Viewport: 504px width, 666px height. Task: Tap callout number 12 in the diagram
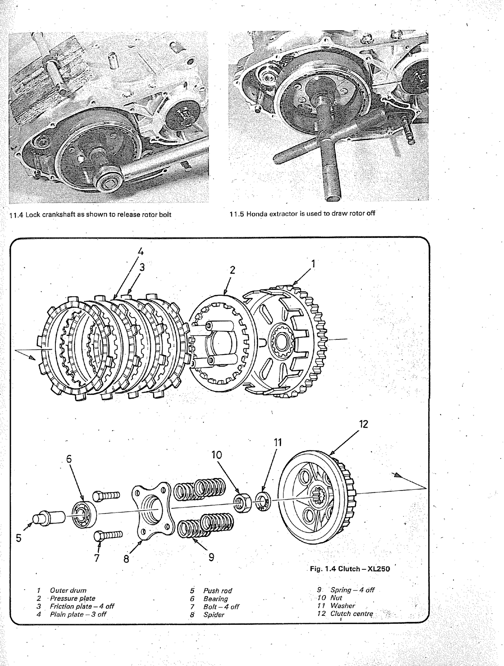tap(363, 424)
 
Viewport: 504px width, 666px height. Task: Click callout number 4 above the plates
tap(141, 251)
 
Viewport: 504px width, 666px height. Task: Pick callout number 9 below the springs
tap(211, 557)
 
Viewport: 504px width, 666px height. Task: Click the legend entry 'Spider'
tap(214, 615)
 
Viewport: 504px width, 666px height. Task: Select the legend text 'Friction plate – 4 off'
tap(82, 606)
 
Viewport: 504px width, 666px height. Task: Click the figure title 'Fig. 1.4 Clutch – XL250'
tap(350, 569)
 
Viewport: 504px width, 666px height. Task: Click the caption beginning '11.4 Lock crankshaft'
tap(90, 215)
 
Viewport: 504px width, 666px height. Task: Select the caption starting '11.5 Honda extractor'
tap(302, 214)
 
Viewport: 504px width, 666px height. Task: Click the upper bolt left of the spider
tap(106, 495)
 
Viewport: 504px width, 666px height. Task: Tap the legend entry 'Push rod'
tap(218, 591)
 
